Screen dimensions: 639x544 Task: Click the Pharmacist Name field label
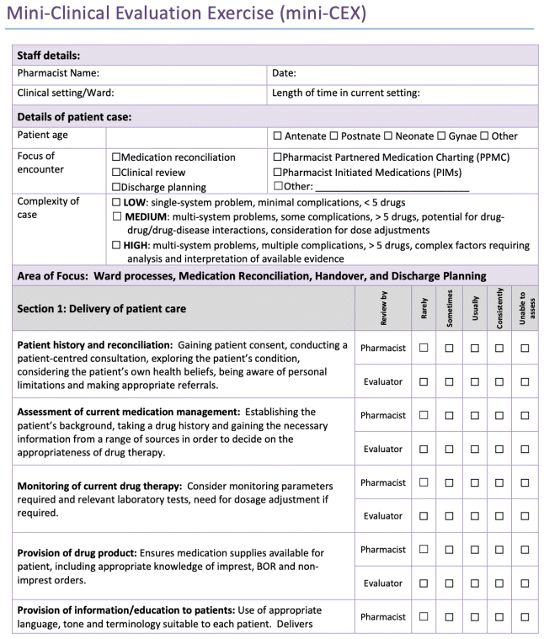tap(59, 73)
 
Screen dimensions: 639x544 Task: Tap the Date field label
tap(284, 73)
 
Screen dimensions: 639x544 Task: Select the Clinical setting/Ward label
tap(66, 93)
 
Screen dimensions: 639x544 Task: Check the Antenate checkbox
tap(277, 136)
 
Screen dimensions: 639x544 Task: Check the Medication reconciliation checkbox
tap(116, 157)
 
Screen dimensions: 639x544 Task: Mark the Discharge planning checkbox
tap(116, 188)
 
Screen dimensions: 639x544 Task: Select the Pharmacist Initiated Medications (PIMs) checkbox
tap(277, 173)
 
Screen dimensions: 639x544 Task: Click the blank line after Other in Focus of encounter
tap(391, 187)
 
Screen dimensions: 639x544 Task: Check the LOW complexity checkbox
tap(116, 203)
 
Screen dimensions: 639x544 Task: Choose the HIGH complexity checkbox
tap(116, 246)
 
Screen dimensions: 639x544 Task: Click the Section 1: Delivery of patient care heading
tap(102, 309)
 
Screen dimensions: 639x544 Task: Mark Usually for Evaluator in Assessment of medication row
tap(474, 449)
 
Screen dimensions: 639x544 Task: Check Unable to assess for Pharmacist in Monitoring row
tap(525, 482)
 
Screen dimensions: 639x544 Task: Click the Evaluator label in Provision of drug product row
tap(383, 583)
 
